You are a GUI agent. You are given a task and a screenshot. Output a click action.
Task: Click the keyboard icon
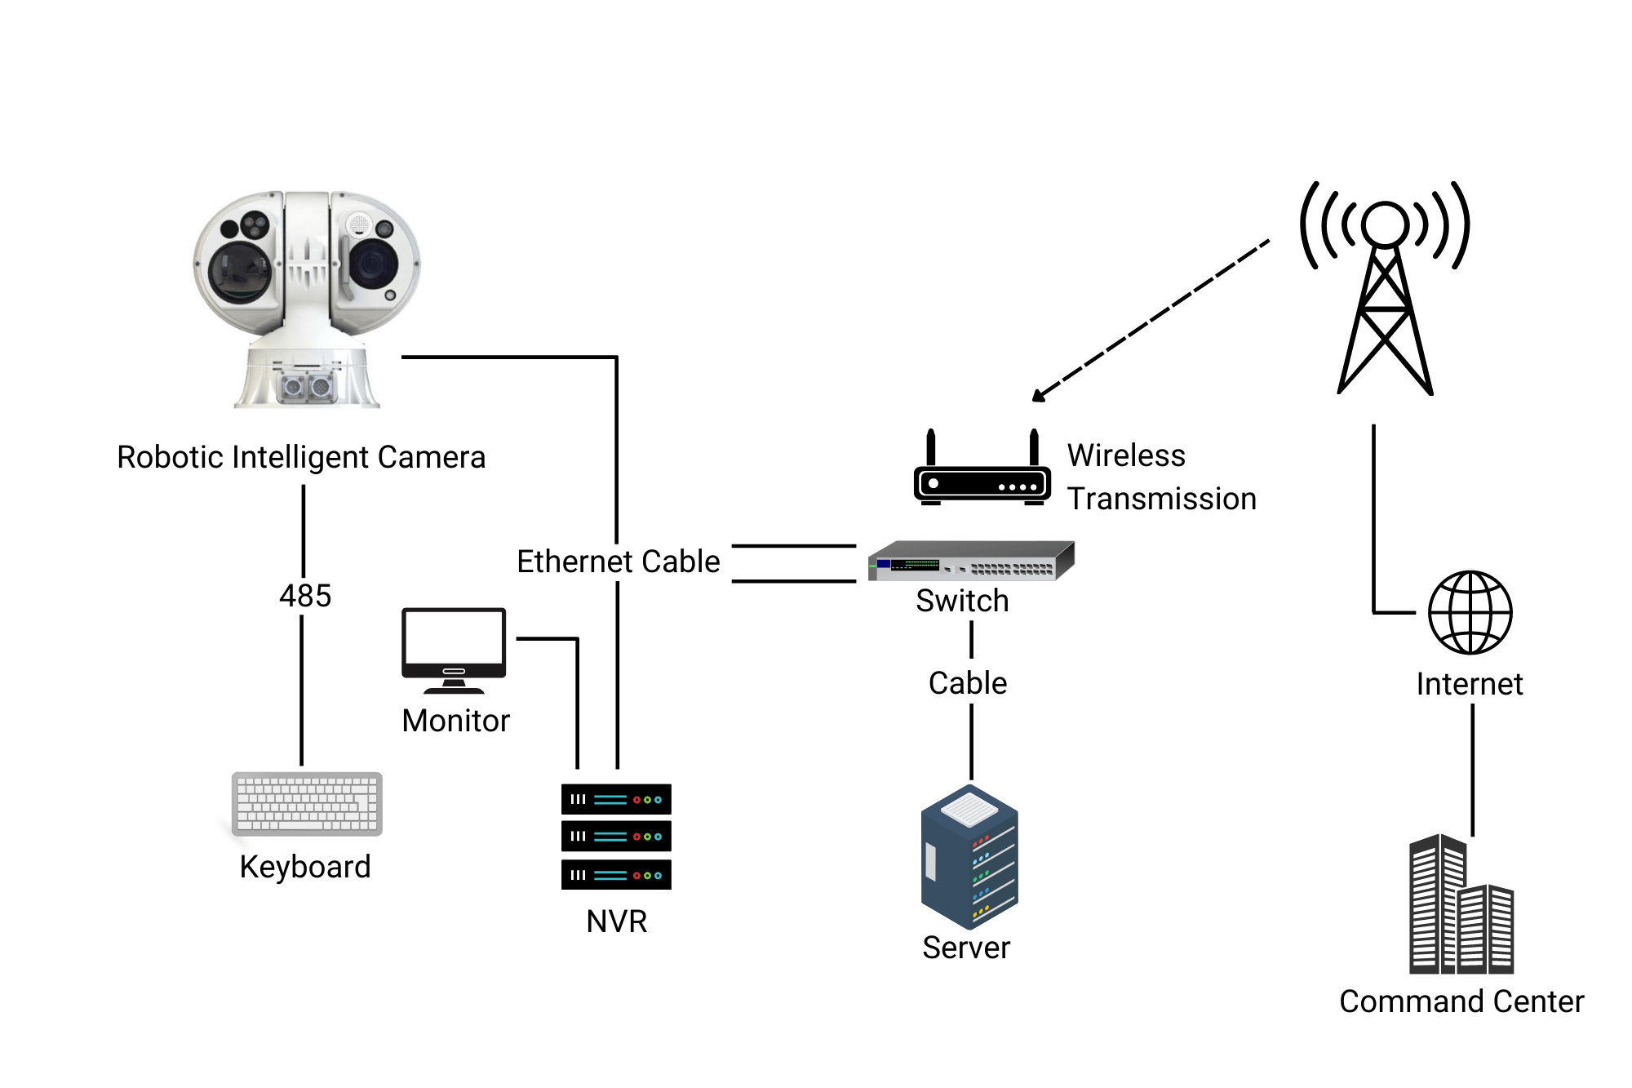[x=307, y=803]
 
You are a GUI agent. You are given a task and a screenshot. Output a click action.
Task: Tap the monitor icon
[x=454, y=649]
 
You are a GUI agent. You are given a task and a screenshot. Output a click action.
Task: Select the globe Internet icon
[x=1470, y=612]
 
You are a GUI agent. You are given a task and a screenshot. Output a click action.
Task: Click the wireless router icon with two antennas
[x=982, y=477]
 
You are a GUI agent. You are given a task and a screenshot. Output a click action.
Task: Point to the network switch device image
[x=971, y=561]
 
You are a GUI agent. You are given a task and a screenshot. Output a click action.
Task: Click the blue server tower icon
[x=969, y=857]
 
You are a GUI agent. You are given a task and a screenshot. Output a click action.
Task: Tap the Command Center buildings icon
[x=1461, y=906]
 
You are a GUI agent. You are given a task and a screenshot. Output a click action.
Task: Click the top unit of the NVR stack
[x=616, y=799]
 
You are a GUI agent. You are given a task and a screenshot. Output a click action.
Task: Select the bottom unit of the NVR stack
[x=616, y=875]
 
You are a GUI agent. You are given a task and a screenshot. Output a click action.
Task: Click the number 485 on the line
[x=305, y=596]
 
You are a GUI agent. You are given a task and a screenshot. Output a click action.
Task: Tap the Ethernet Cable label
[x=619, y=562]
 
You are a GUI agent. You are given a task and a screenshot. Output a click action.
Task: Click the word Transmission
[x=1161, y=499]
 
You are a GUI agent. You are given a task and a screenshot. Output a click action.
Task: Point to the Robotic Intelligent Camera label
[x=301, y=457]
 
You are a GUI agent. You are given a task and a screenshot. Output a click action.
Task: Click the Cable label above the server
[x=968, y=683]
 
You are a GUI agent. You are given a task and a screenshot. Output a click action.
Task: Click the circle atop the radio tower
[x=1385, y=224]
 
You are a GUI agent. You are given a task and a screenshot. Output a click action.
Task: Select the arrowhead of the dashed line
[x=1038, y=396]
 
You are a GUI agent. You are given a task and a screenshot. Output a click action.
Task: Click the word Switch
[x=962, y=601]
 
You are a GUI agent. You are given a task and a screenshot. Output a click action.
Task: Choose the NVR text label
[x=616, y=921]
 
